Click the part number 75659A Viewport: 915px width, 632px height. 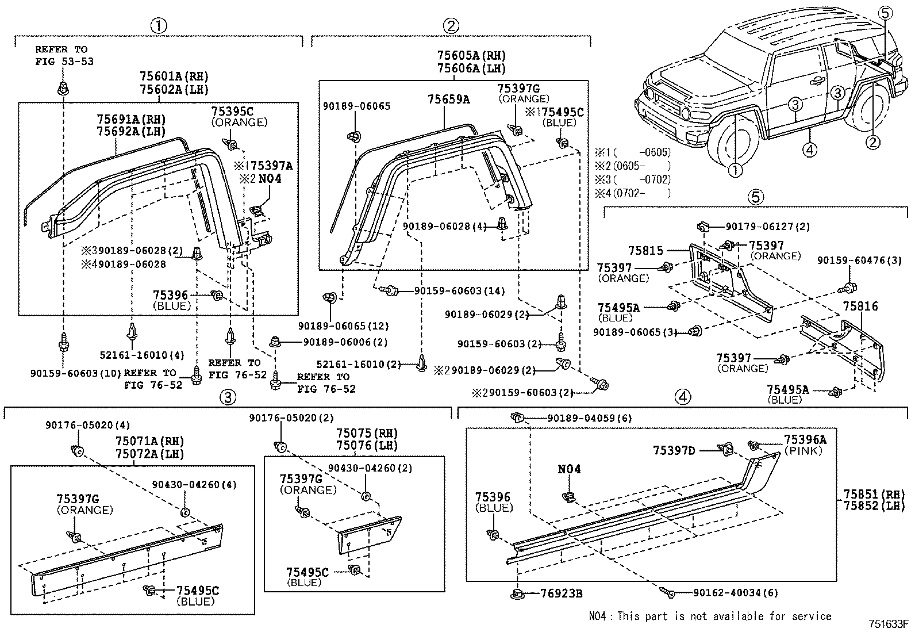[x=448, y=99]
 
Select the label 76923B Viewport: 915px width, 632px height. [x=562, y=593]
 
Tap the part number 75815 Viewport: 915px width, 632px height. [x=645, y=251]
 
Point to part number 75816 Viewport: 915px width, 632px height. [x=860, y=306]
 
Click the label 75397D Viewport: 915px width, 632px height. [x=674, y=450]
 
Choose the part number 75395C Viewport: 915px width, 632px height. [x=232, y=111]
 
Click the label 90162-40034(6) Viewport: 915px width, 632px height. [x=735, y=593]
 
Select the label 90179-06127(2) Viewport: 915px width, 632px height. [x=767, y=227]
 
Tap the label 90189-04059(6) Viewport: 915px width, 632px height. [x=590, y=418]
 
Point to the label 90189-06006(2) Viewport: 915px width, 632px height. [x=345, y=342]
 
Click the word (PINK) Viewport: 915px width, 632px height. [x=803, y=450]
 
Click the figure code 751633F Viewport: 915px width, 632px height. [x=890, y=624]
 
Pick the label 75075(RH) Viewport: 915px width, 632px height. [x=367, y=433]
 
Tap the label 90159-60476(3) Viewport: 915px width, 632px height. [x=859, y=261]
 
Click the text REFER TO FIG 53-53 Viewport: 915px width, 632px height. [x=64, y=56]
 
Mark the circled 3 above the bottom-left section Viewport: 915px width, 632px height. [x=228, y=397]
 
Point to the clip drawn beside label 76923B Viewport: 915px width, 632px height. [x=517, y=593]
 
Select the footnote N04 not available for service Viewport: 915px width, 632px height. [x=710, y=616]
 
